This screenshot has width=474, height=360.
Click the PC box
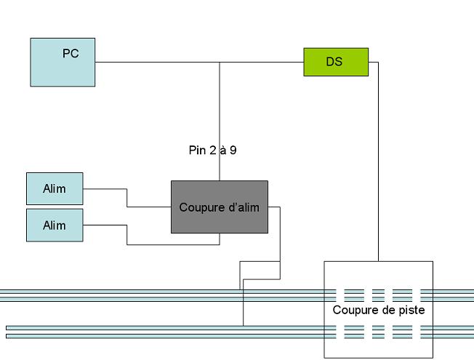coord(63,63)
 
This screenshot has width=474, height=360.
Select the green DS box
coord(336,62)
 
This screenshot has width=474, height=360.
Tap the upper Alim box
coord(55,189)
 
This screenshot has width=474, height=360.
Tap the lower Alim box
coord(55,225)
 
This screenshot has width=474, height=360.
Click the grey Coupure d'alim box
coord(220,207)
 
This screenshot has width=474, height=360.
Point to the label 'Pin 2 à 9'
coord(212,150)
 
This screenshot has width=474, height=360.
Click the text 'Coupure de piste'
coord(379,310)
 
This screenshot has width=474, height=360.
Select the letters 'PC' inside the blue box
coord(71,54)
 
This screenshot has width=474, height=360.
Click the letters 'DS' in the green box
coord(334,62)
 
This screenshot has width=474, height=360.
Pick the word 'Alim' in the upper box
coord(55,189)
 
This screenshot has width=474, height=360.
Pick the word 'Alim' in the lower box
coord(55,225)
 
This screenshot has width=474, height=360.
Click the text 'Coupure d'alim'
coord(219,207)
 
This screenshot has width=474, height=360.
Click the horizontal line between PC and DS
coord(199,62)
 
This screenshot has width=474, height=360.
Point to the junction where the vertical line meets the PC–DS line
coord(220,62)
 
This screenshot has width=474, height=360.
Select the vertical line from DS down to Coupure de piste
coord(378,161)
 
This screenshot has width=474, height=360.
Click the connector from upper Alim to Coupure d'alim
coord(127,198)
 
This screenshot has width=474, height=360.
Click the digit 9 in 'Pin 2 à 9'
coord(233,150)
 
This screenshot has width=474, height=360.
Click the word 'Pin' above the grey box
coord(197,150)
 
